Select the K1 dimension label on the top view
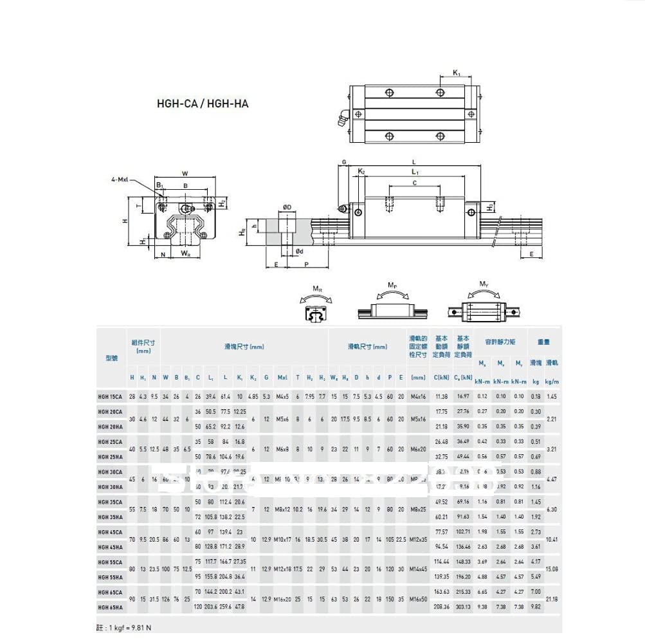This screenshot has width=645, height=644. click(456, 73)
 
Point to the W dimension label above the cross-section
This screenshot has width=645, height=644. click(185, 172)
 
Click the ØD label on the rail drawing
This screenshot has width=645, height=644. click(287, 207)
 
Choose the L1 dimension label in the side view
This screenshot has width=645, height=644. click(415, 172)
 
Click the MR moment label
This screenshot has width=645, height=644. click(317, 290)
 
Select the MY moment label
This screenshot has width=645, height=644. click(484, 284)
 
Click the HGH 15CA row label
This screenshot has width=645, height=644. click(111, 397)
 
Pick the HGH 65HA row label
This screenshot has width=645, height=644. click(111, 606)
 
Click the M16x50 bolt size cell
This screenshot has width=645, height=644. click(418, 600)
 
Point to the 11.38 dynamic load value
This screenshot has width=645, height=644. click(441, 397)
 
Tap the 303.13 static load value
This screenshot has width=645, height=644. click(463, 606)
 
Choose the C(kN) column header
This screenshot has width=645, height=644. click(441, 378)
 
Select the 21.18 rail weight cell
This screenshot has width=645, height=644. click(551, 600)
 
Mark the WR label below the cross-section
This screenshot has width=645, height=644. click(185, 254)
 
